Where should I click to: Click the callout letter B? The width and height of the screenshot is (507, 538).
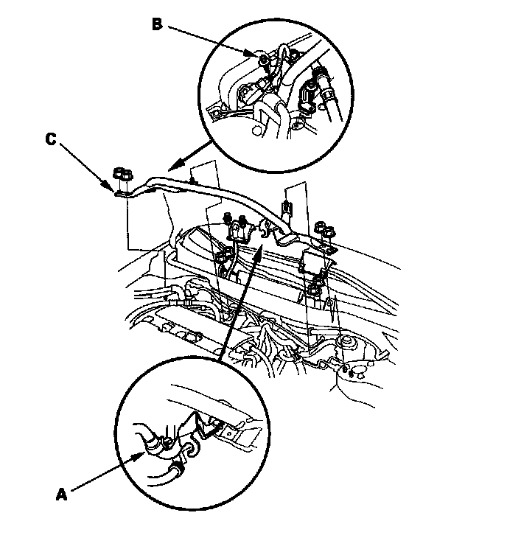click(x=157, y=24)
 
